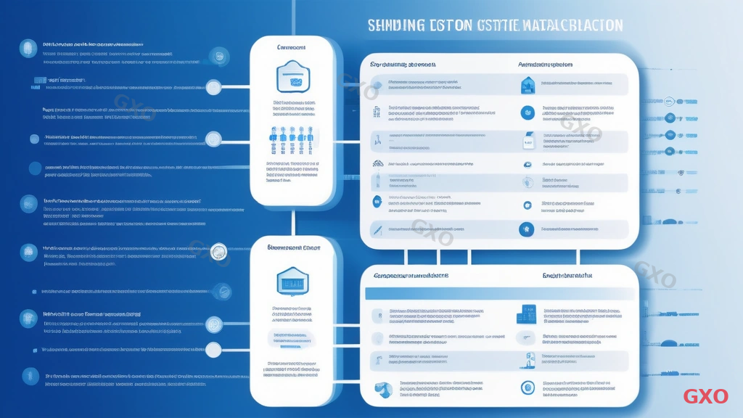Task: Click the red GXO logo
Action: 705,396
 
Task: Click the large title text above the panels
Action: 495,25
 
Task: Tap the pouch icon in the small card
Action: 292,76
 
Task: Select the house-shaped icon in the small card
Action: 292,281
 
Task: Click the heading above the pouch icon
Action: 291,47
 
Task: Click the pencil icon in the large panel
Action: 377,229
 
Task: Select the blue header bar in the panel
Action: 500,293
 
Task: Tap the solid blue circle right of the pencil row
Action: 526,229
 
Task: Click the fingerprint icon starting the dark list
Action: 28,47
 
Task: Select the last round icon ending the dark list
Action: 30,375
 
